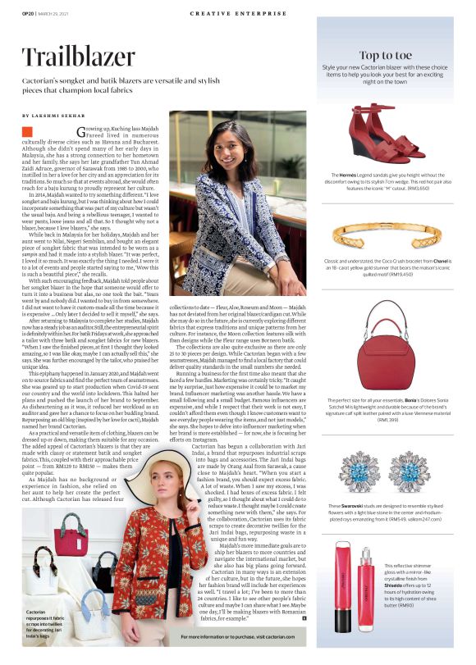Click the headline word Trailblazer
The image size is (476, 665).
(x=78, y=57)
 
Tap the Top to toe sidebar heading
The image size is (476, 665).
(x=385, y=56)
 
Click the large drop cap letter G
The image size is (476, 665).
(x=80, y=131)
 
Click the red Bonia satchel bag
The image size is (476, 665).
(x=385, y=338)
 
